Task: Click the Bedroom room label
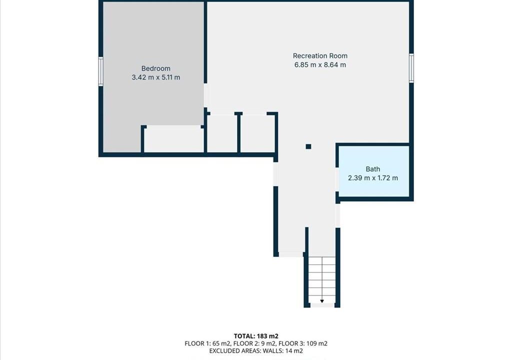coord(156,68)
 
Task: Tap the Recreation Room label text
coord(320,56)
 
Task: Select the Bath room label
coord(373,169)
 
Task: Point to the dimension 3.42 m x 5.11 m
coord(156,77)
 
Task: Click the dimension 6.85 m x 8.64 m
coord(320,64)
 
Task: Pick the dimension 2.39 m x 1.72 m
coord(373,178)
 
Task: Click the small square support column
coord(308,146)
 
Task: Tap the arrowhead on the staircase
coord(322,301)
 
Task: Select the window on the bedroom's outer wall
coord(101,71)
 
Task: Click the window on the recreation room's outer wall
coord(411,68)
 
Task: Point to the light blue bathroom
coord(374,171)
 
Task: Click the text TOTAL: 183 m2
coord(256,336)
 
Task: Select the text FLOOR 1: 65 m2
coord(207,343)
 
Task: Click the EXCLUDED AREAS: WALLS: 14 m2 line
coord(256,351)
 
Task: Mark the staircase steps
coord(322,279)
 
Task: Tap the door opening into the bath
coord(337,179)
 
